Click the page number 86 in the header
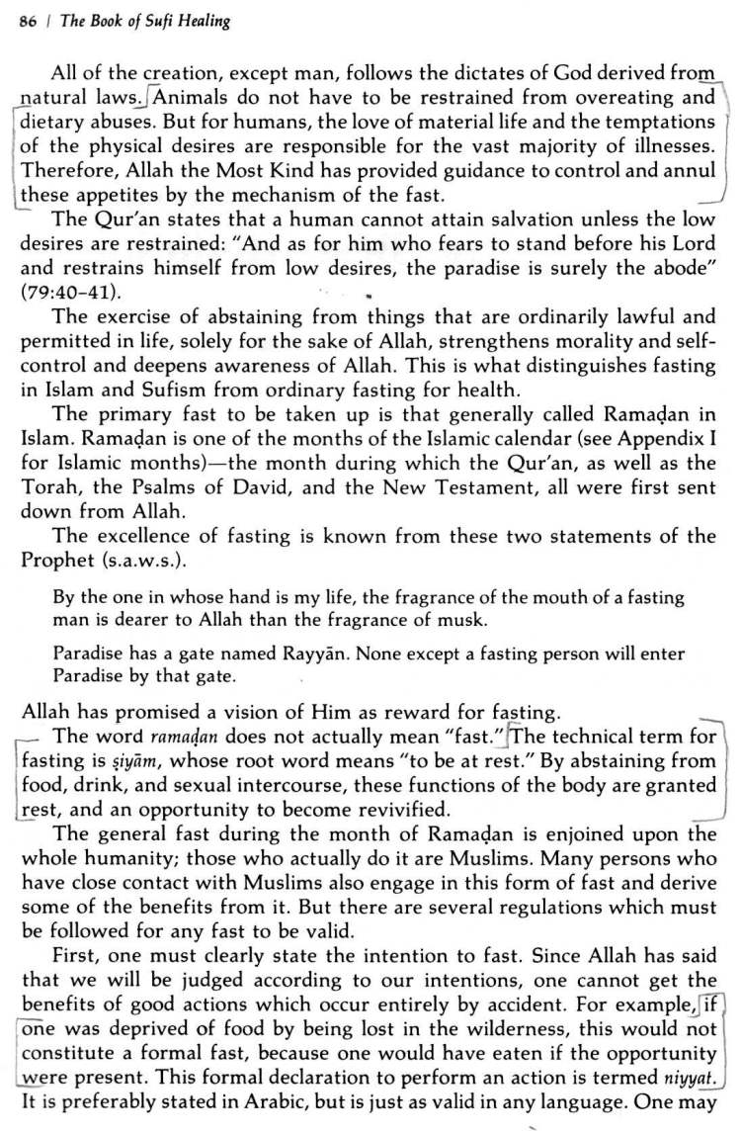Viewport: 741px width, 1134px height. pos(27,22)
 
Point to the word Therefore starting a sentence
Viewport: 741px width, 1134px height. pos(63,171)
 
